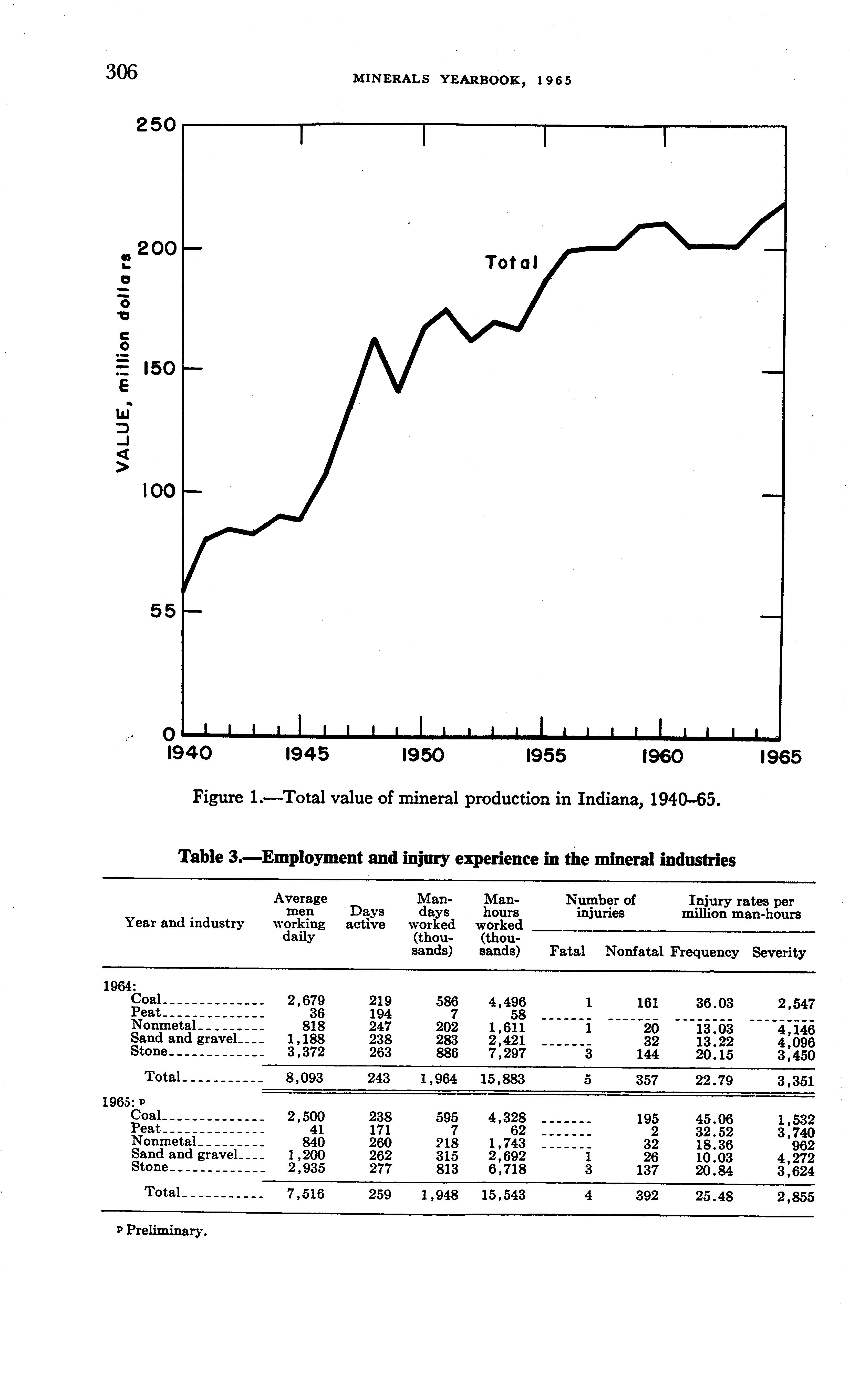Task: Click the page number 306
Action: click(x=121, y=72)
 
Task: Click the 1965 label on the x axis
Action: click(x=780, y=757)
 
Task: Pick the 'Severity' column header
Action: click(x=779, y=952)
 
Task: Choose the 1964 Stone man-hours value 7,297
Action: click(x=507, y=1052)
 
